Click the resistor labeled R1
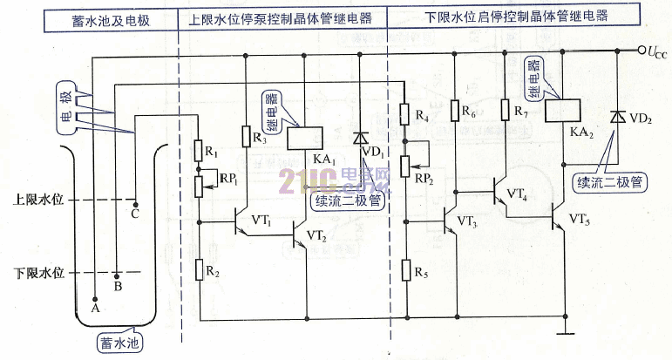pos(199,151)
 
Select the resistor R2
pos(200,269)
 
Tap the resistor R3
pos(246,136)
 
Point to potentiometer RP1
pos(199,187)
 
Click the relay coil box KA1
pos(305,138)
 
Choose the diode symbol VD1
pos(360,138)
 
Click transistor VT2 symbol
pos(299,234)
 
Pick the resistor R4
pos(404,114)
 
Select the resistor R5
pos(406,270)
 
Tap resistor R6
pos(456,110)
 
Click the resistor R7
pos(506,110)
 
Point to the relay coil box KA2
pos(563,111)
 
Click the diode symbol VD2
pos(618,116)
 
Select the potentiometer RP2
pos(405,166)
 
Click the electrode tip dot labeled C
pos(136,205)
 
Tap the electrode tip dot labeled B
pos(117,275)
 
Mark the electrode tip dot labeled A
pos(95,299)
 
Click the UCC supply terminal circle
pos(641,51)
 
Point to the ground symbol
pos(566,331)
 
